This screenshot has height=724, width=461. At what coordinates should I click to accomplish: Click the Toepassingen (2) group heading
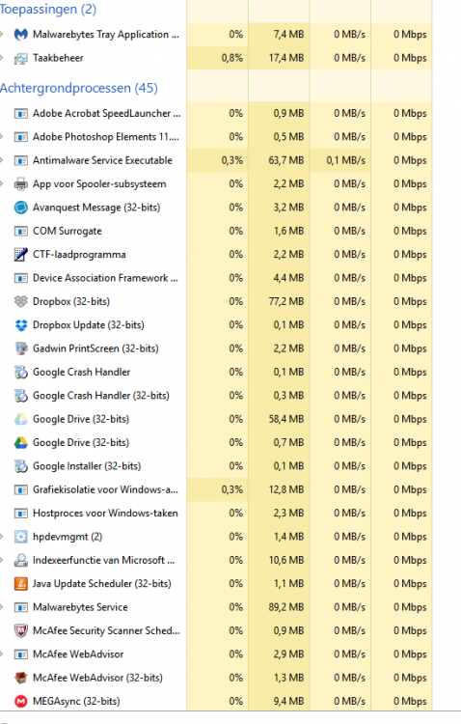[48, 10]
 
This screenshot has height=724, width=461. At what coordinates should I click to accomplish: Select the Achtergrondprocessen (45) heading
[79, 88]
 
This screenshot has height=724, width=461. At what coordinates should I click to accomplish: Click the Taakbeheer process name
[58, 58]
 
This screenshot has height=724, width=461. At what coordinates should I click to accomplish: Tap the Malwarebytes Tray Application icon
[21, 34]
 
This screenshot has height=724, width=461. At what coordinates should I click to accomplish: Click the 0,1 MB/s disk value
[345, 160]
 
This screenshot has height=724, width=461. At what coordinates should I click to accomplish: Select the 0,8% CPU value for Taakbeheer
[231, 58]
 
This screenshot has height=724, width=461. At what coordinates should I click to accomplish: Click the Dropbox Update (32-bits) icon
[21, 325]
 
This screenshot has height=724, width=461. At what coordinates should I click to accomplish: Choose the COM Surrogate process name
[68, 231]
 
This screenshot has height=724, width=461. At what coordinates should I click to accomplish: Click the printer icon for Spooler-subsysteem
[21, 184]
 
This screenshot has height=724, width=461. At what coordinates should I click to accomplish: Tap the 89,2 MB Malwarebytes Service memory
[286, 607]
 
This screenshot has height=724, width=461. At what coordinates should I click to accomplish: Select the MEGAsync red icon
[21, 702]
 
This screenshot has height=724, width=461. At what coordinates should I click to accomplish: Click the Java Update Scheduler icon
[21, 584]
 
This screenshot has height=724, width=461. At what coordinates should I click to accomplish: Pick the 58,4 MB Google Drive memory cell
[286, 419]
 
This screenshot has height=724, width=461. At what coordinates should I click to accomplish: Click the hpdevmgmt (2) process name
[68, 537]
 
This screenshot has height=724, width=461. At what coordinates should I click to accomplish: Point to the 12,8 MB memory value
[286, 489]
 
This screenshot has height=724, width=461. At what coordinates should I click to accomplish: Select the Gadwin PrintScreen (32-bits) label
[95, 348]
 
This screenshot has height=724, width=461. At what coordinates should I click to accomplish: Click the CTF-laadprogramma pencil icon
[21, 255]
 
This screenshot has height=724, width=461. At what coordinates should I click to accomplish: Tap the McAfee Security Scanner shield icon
[21, 630]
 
